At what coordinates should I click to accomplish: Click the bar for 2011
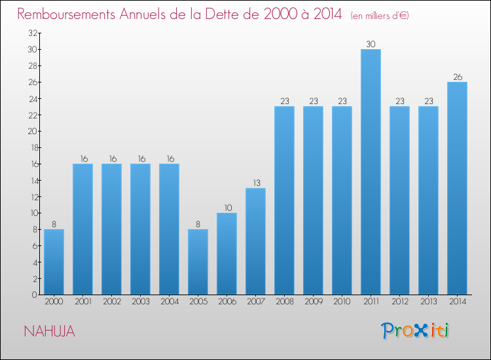pos(371,171)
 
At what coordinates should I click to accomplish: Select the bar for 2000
pos(54,262)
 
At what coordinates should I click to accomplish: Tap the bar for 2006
pos(227,253)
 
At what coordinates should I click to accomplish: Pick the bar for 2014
pos(457,188)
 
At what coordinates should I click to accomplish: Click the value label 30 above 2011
pos(371,44)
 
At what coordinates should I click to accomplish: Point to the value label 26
pos(457,77)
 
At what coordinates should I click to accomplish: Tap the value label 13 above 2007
pos(255,183)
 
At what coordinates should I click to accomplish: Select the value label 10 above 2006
pos(227,207)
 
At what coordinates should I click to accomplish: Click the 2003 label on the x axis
pos(140,302)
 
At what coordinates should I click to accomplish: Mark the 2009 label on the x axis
pos(313,302)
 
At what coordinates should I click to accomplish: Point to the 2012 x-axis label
pos(399,302)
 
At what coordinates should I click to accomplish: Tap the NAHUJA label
pos(49,331)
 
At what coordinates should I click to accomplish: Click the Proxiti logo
pos(415,331)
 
